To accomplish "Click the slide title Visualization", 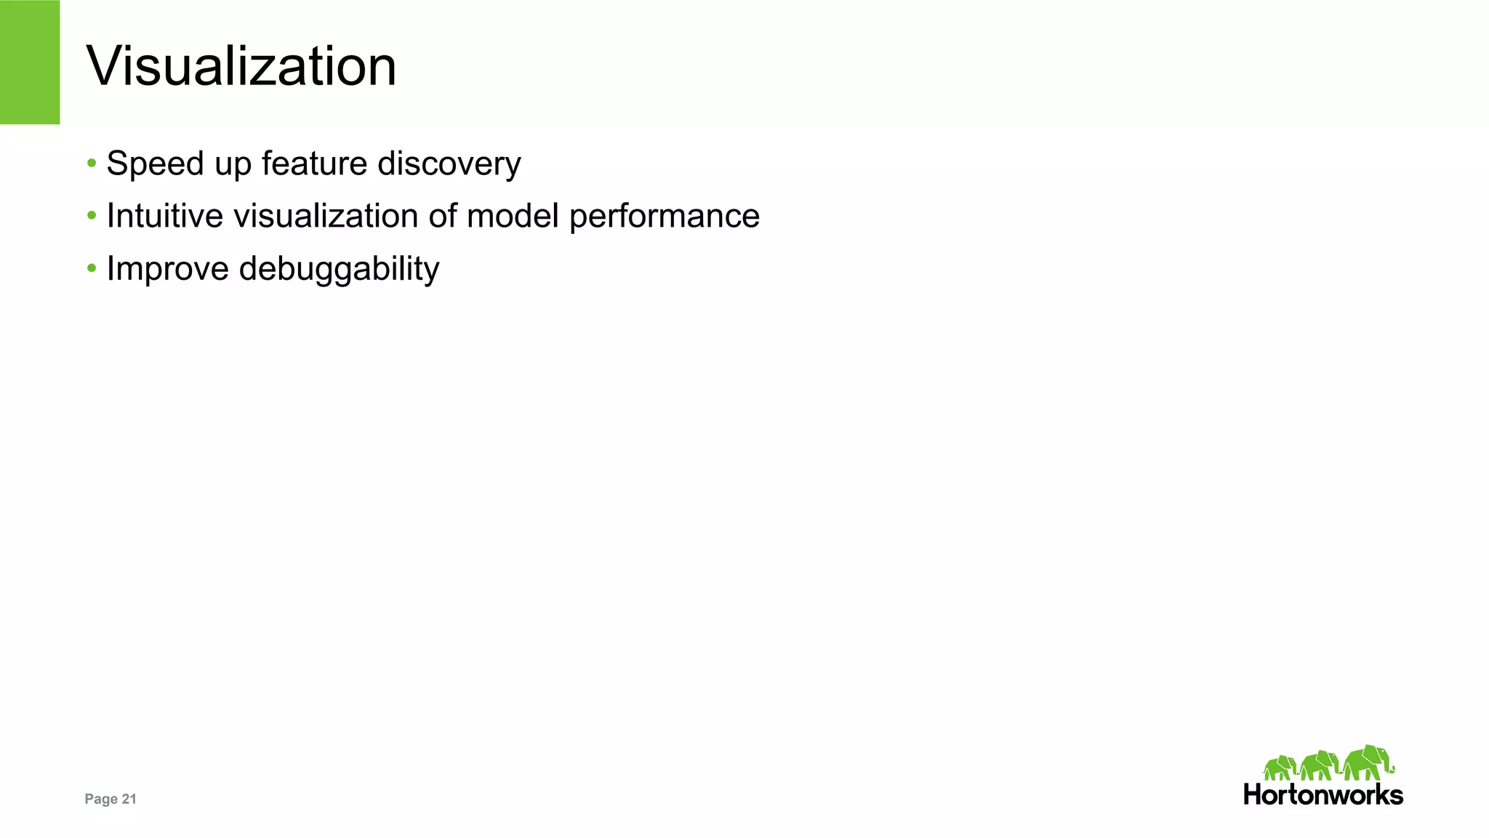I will [241, 66].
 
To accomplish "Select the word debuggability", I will [339, 270].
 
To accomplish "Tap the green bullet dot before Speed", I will [92, 163].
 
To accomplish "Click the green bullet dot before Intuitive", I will [92, 215].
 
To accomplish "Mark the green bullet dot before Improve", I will [92, 268].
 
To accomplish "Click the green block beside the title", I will [30, 62].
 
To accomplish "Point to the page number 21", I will [129, 799].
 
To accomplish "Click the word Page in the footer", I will [101, 799].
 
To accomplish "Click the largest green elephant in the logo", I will [1368, 762].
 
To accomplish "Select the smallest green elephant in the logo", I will [1280, 768].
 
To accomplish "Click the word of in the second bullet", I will [443, 216].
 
